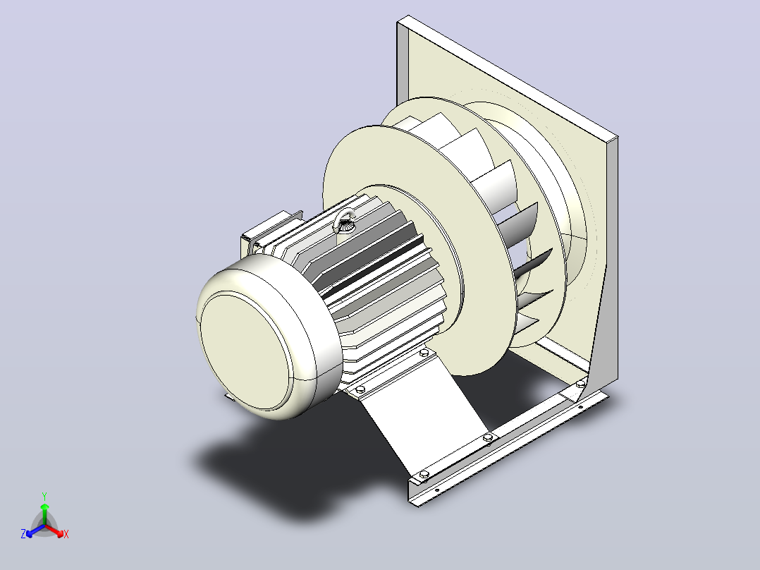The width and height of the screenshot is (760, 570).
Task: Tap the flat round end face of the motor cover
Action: (245, 350)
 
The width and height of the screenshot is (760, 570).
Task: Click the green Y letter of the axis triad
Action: (44, 496)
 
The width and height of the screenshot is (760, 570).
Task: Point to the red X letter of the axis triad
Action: (66, 534)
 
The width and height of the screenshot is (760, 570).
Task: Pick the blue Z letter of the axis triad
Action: (23, 534)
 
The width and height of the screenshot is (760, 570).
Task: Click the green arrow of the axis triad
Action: (44, 514)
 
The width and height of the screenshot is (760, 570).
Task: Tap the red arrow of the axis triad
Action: (54, 530)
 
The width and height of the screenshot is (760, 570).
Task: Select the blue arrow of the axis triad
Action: (35, 530)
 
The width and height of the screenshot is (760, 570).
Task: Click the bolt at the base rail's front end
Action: (424, 475)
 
